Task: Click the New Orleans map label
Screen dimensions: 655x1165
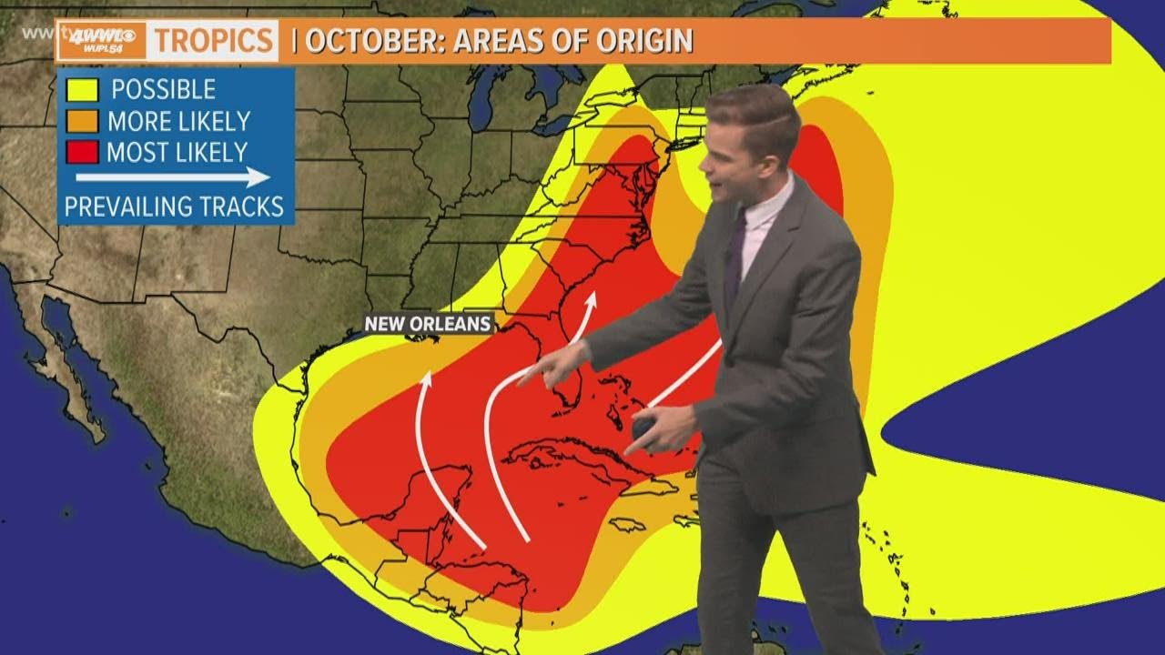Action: click(428, 323)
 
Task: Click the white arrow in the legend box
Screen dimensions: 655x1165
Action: click(173, 177)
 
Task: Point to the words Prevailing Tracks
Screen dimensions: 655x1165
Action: click(174, 207)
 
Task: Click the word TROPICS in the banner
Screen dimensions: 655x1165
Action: click(214, 41)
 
